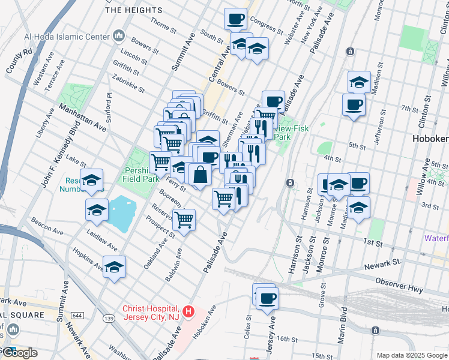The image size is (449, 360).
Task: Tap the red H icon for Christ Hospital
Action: pos(188,311)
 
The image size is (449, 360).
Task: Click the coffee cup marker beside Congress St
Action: pos(236,18)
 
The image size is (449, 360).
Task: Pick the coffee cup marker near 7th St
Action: pos(354,104)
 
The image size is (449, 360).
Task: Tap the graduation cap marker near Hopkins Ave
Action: pos(113,268)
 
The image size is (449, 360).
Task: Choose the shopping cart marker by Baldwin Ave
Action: pos(184,219)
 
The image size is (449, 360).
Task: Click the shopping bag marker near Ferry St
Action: pos(200,174)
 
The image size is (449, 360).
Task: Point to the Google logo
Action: pos(19,353)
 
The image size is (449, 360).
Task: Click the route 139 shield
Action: pos(109,318)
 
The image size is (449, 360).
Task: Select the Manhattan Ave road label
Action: pos(82,117)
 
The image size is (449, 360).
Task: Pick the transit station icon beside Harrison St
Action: pos(290,182)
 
